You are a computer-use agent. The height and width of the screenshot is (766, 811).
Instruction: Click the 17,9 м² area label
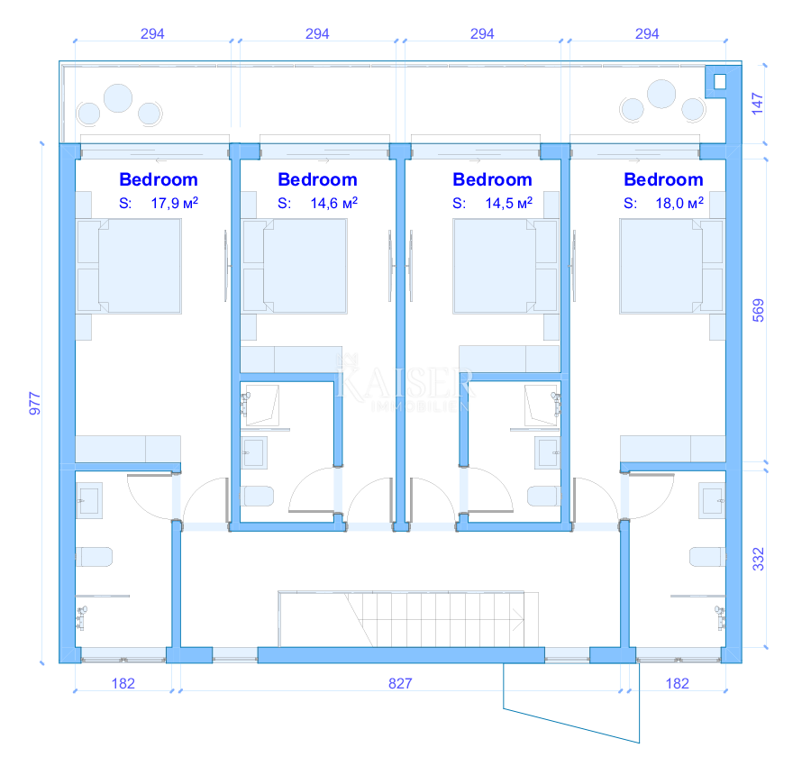click(x=174, y=204)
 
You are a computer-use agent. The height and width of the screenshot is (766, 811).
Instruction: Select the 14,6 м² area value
click(x=333, y=204)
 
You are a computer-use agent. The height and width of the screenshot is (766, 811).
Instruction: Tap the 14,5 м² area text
click(x=508, y=204)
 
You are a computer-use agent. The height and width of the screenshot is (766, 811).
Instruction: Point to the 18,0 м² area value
click(x=679, y=204)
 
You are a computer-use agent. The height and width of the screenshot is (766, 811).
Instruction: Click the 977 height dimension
click(x=34, y=404)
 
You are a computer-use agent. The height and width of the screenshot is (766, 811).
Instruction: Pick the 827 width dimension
click(x=400, y=683)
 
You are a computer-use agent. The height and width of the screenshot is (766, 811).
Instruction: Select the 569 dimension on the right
click(x=758, y=310)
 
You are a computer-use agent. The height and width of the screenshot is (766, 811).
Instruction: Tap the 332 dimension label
click(x=758, y=560)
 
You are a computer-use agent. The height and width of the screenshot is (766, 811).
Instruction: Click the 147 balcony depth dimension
click(x=757, y=104)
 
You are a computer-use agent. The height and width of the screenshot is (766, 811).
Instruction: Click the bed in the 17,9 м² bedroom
click(x=129, y=266)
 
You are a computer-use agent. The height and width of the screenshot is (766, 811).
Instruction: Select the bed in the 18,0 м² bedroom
click(x=672, y=266)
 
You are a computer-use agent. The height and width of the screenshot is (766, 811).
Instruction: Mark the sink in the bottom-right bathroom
click(x=712, y=500)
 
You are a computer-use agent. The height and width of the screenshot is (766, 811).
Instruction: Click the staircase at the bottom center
click(x=408, y=619)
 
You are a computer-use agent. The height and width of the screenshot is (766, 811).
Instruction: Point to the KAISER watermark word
click(x=404, y=384)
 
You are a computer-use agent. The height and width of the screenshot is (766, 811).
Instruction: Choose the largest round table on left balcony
click(x=118, y=97)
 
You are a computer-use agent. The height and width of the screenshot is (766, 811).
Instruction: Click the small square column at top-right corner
click(x=720, y=81)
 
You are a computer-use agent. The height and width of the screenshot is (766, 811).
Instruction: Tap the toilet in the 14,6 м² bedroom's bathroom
click(x=257, y=496)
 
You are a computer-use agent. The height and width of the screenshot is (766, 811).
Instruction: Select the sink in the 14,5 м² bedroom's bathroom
click(x=548, y=452)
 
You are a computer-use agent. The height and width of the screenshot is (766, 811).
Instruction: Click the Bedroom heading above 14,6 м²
click(x=317, y=179)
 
